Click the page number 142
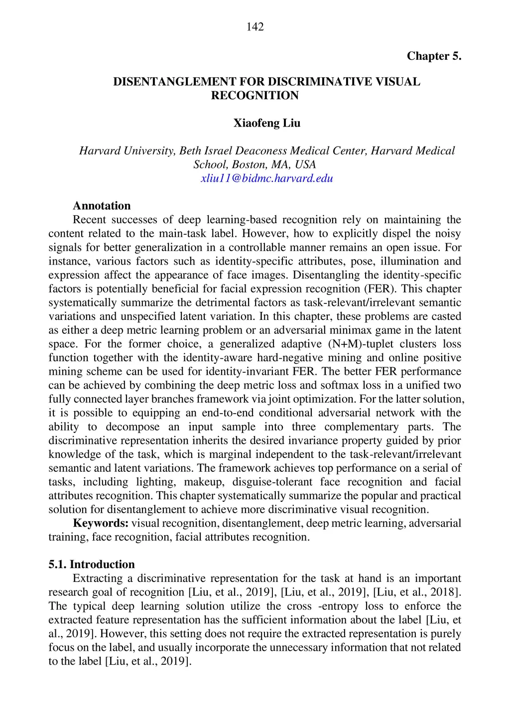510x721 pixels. [x=255, y=27]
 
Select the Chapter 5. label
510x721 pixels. [x=434, y=56]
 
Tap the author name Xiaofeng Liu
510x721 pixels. [x=267, y=123]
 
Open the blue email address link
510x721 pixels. [x=267, y=178]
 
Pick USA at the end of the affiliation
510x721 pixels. [x=305, y=164]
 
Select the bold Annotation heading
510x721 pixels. [x=102, y=206]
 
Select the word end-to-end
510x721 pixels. [x=228, y=413]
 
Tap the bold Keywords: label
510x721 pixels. [x=101, y=523]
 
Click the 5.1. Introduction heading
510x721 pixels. [x=92, y=565]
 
